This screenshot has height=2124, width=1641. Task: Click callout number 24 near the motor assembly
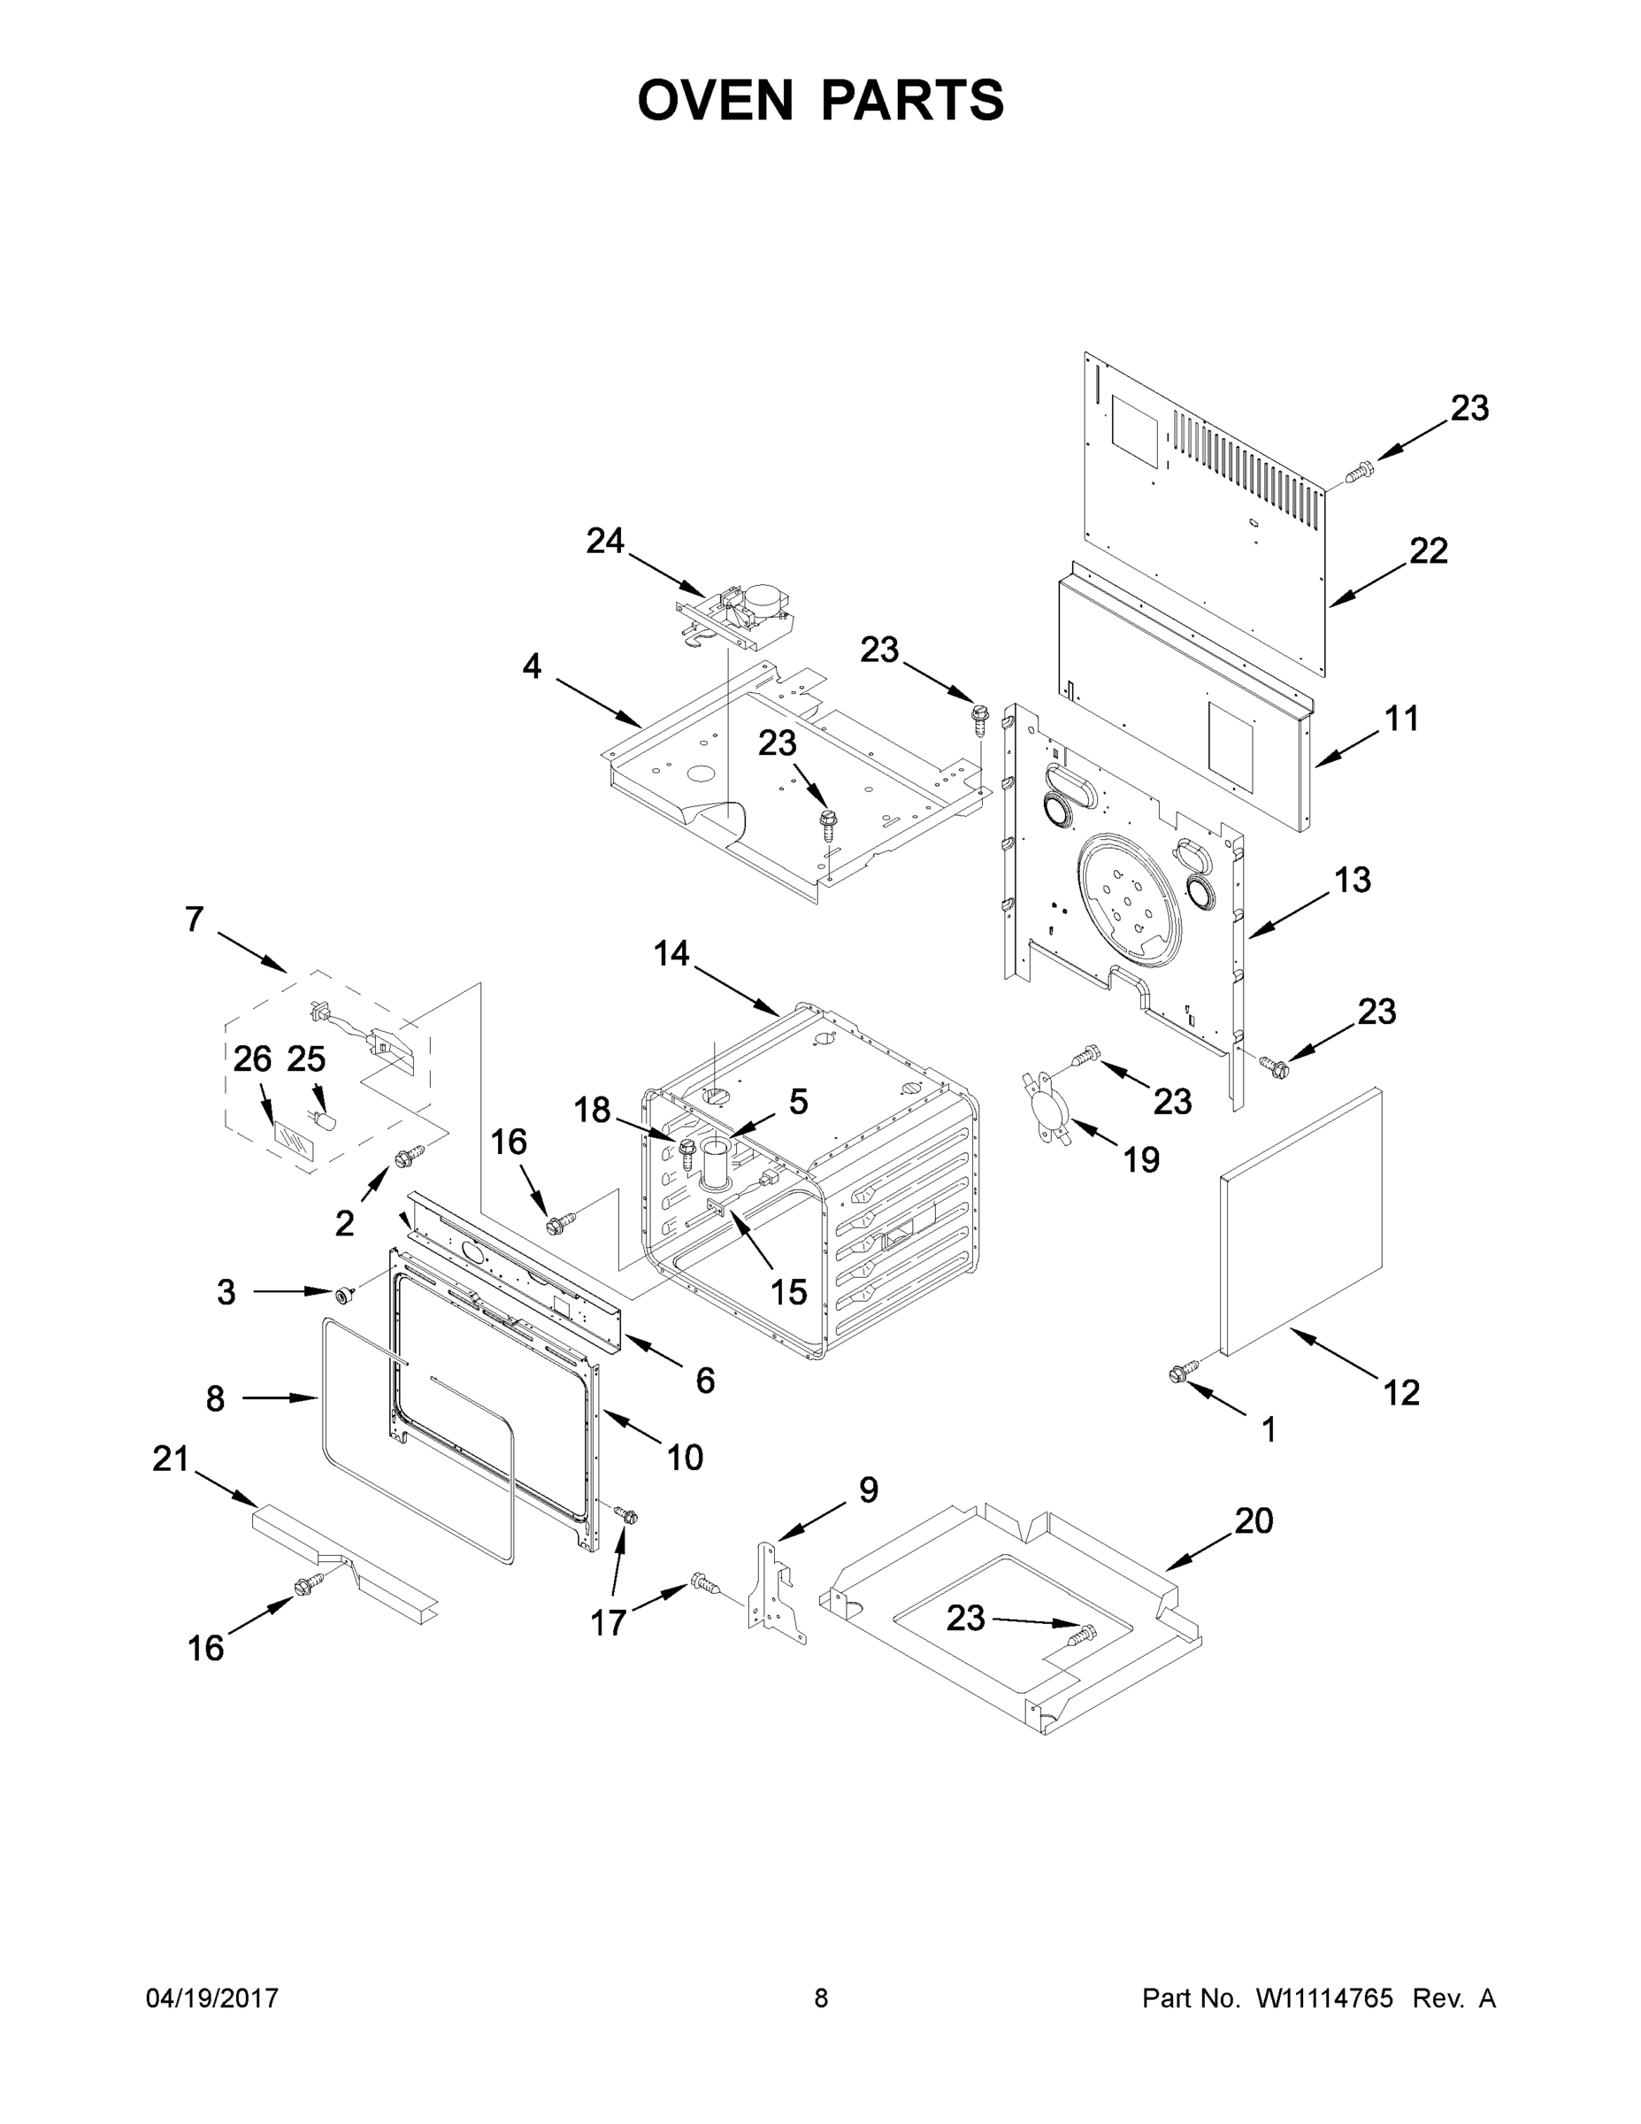(605, 541)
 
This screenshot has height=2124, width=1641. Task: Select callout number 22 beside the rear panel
(1428, 551)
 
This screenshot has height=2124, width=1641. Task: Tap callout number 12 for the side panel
(1401, 1393)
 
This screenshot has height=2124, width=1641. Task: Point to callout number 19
(1141, 1159)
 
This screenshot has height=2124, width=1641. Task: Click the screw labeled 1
(1180, 1371)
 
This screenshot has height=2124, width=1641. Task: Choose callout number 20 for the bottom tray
(1254, 1520)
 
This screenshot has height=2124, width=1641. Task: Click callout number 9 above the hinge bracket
(868, 1490)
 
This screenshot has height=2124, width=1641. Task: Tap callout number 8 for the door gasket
(215, 1398)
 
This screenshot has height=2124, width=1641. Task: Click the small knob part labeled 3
(343, 1294)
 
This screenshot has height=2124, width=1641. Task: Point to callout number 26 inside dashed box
(252, 1059)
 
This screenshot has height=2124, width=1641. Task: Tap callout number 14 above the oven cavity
(671, 954)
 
